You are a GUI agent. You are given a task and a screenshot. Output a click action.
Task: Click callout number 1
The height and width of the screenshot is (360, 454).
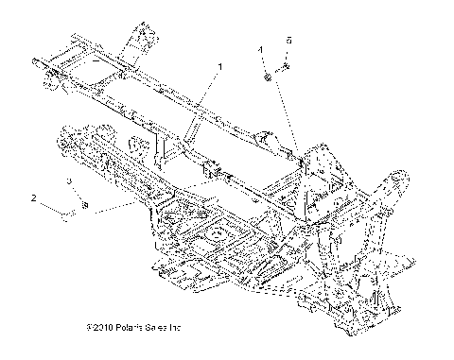pos(220,67)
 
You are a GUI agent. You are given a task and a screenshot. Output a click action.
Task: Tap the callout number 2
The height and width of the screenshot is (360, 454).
pos(33,198)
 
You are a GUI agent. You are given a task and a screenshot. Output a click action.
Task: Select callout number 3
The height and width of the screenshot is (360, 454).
pos(69,180)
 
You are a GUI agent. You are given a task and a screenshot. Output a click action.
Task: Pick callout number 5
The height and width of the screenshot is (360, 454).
pos(288,41)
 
